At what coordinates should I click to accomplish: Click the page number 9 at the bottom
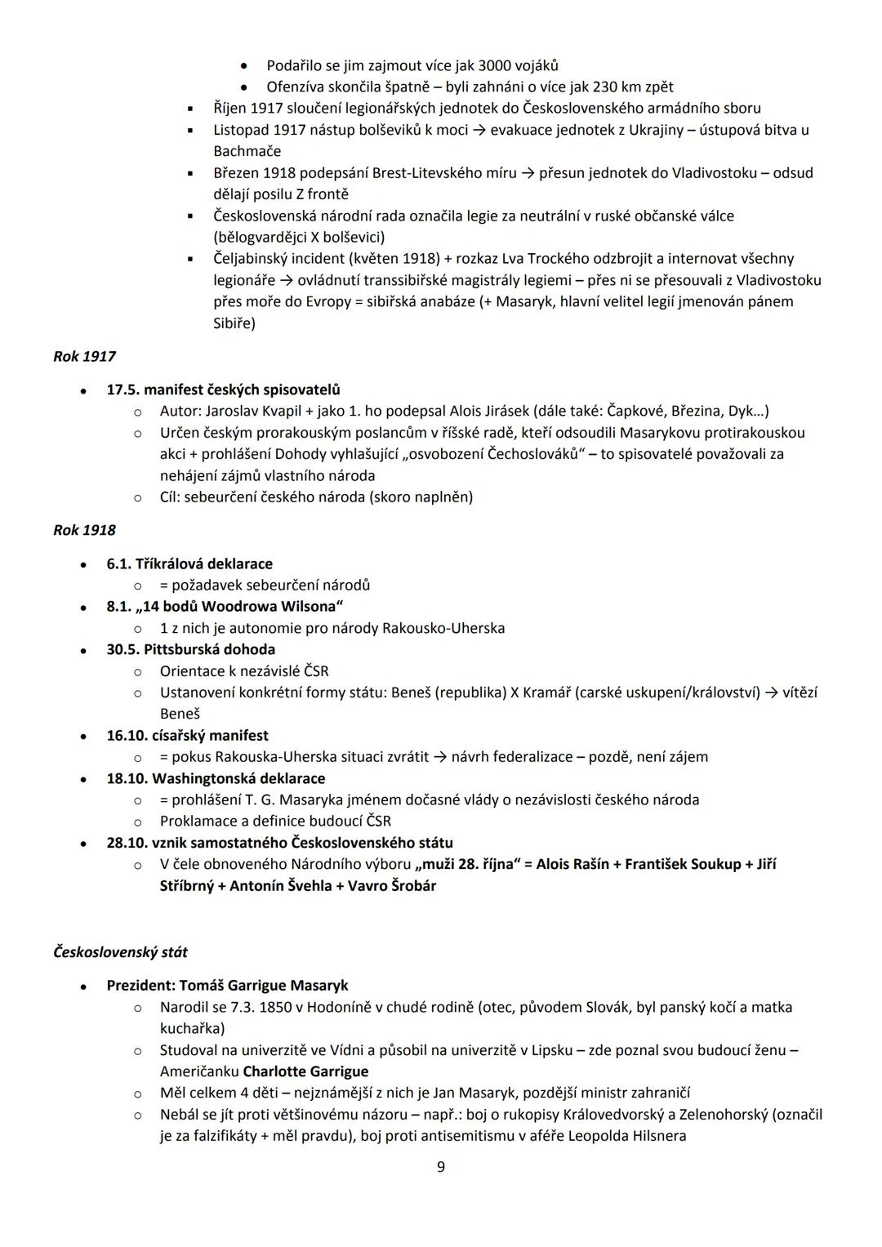pyautogui.click(x=441, y=1167)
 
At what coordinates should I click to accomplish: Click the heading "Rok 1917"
pyautogui.click(x=85, y=357)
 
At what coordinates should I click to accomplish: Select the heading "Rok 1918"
pyautogui.click(x=85, y=530)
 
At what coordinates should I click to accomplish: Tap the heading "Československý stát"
pyautogui.click(x=120, y=952)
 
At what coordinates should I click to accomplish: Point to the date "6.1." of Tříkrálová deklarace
pyautogui.click(x=119, y=564)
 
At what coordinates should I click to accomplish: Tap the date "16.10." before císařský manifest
pyautogui.click(x=127, y=736)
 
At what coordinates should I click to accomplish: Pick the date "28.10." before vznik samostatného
pyautogui.click(x=127, y=843)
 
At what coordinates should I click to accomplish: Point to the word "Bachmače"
pyautogui.click(x=247, y=151)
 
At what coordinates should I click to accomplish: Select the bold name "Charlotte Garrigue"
pyautogui.click(x=305, y=1071)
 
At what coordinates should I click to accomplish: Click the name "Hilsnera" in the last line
pyautogui.click(x=654, y=1136)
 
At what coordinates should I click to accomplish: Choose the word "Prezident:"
pyautogui.click(x=140, y=986)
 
